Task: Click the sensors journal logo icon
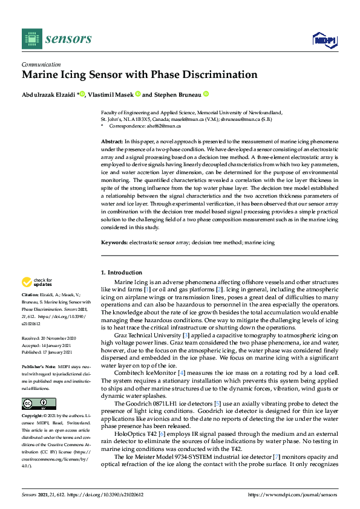(30, 39)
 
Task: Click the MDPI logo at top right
(324, 40)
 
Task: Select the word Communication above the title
(41, 64)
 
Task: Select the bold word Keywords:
(114, 242)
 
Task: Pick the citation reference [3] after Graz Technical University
(186, 335)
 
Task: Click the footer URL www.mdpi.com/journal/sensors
(293, 496)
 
